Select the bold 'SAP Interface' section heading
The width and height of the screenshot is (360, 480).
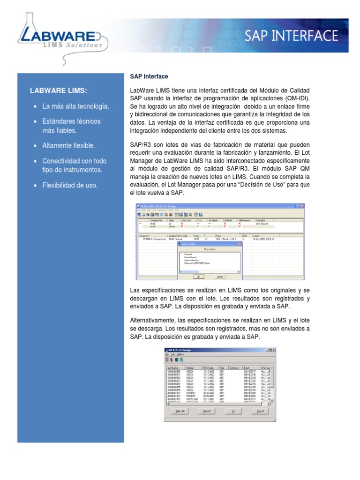coord(149,76)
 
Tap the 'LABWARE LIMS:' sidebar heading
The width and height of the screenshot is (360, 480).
coord(59,90)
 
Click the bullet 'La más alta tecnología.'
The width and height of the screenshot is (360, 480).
coord(75,106)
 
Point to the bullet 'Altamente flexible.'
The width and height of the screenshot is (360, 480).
coord(68,145)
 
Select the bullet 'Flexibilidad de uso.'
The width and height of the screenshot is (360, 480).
coord(70,185)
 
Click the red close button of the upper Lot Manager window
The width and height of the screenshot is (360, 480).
coord(302,206)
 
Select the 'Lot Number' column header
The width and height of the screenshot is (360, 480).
coord(174,368)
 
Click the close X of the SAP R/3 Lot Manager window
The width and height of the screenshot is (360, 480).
coord(274,350)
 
